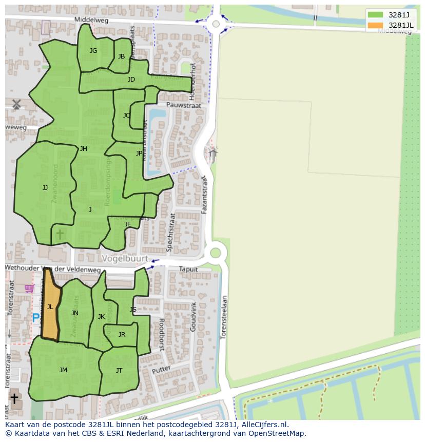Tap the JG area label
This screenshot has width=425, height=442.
coord(93,50)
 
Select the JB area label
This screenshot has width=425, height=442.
coord(121,56)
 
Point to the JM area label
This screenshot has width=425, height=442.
coord(63,370)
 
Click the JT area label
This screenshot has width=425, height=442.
coord(119,370)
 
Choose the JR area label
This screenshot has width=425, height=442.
coord(122,335)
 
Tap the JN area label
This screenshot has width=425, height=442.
coord(75,313)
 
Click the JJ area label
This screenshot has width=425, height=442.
coord(45,188)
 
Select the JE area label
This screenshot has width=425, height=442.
coord(128,224)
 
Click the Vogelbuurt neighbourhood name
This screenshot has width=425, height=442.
coord(125,259)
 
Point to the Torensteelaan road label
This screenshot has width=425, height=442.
coord(223,317)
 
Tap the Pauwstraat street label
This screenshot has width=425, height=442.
coord(169,105)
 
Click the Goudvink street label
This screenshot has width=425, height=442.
coord(194,317)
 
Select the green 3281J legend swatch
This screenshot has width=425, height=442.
coord(375,15)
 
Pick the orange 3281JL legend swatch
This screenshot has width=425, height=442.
coord(375,25)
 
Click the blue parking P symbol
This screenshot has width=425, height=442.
coord(35,318)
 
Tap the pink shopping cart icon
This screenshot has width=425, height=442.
coord(29,289)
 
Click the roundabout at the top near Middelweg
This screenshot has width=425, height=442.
coord(216,24)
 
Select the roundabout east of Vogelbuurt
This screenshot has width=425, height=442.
coord(216,253)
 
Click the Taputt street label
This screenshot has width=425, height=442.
coord(188,269)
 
